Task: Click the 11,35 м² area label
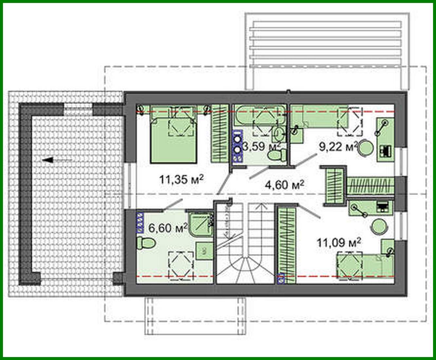pyautogui.click(x=181, y=179)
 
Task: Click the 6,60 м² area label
pyautogui.click(x=168, y=227)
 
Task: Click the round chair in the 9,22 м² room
pyautogui.click(x=365, y=148)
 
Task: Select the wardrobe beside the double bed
pyautogui.click(x=219, y=133)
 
